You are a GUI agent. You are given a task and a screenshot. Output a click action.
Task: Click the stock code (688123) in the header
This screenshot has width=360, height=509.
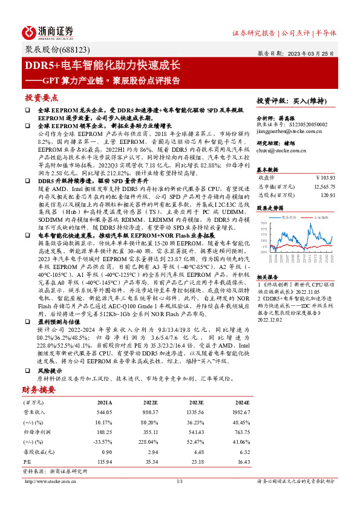[90, 48]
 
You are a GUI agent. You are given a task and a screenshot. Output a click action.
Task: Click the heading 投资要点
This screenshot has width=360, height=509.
[41, 97]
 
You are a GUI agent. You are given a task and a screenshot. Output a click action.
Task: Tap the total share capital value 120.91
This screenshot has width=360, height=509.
[327, 195]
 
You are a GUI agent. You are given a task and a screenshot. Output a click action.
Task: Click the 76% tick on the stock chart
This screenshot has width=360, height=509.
[264, 222]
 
